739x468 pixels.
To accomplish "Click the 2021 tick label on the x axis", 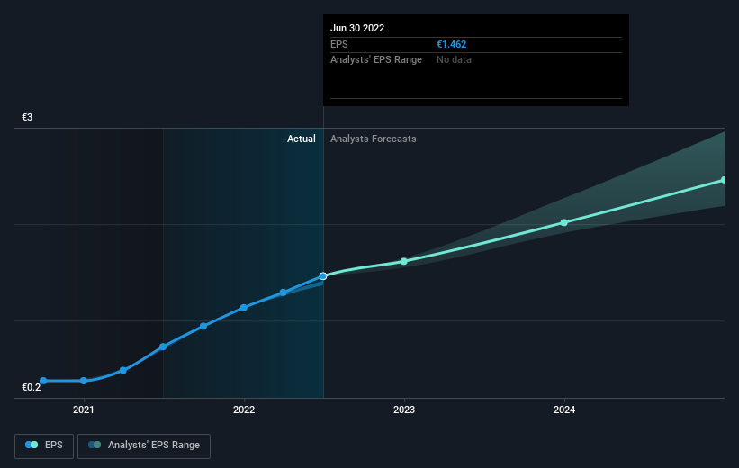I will coord(84,409).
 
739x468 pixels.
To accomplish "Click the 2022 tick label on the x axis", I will coord(244,409).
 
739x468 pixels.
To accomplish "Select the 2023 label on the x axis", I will coord(404,409).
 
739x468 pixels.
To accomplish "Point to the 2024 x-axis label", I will coord(564,409).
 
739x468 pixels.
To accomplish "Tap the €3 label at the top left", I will coord(28,118).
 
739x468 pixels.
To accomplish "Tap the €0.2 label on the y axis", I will coord(32,387).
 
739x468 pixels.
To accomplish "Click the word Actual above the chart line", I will coord(302,139).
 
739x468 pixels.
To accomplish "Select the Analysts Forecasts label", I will coord(374,139).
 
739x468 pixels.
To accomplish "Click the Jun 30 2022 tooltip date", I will coord(357,28).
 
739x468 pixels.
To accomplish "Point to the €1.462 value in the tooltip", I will coord(451,44).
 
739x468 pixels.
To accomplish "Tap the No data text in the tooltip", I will coord(454,59).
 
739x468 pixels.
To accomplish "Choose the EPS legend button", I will coord(44,445).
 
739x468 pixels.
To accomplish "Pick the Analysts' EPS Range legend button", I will coord(144,445).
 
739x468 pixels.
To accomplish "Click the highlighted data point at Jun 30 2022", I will coord(323,275).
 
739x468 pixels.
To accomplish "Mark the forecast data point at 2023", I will coord(404,261).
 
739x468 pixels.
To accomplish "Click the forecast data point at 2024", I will coord(564,222).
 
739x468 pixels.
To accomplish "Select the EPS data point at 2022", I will coord(244,307).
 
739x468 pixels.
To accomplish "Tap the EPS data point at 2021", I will coord(84,381).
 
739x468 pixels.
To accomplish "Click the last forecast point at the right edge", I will coord(724,180).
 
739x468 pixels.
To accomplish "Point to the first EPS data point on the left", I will coord(43,381).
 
